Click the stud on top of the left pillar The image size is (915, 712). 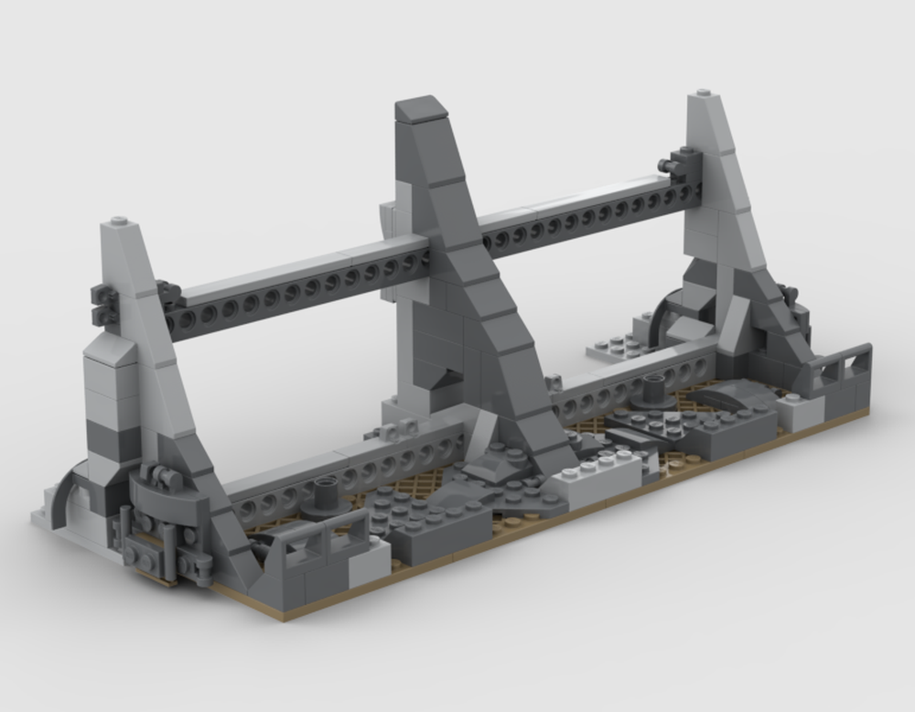tap(119, 221)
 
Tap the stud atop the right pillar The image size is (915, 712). tap(703, 93)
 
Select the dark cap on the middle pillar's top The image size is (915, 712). tap(422, 109)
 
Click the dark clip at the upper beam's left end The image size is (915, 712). tap(103, 304)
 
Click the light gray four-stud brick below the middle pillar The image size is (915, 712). tap(600, 475)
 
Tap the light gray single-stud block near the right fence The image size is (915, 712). tap(802, 411)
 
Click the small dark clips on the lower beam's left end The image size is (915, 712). tap(393, 429)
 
